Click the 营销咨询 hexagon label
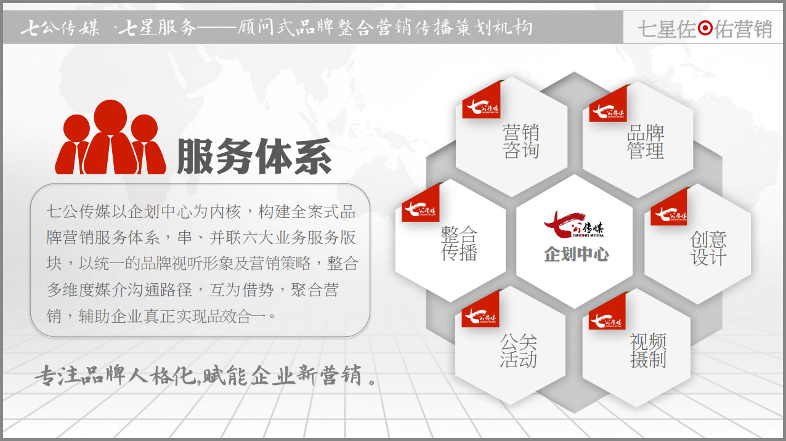pos(521,141)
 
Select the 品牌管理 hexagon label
pos(646,142)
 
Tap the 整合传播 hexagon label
pos(459,243)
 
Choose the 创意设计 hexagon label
pos(708,248)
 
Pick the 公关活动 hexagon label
pos(518,350)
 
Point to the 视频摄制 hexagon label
pos(648,350)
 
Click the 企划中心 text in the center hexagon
pos(576,254)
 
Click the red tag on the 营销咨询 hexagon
pos(481,100)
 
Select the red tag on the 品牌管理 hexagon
pos(608,104)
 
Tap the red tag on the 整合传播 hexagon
pos(420,203)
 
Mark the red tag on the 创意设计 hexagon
pos(669,207)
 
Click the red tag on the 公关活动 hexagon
pos(480,309)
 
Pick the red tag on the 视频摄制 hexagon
pos(607,312)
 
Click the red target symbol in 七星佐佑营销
pos(705,28)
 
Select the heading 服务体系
pos(254,156)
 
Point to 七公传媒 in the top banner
pos(60,28)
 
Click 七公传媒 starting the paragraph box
pos(78,211)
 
